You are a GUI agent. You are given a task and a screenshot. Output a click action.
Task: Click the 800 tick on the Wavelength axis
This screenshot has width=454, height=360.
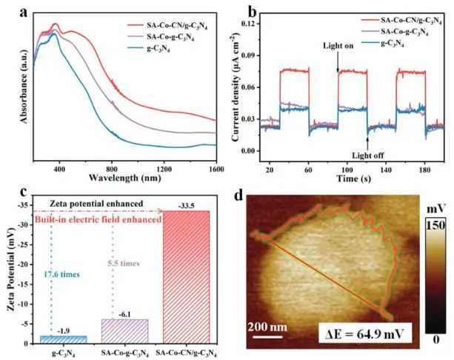[113, 167]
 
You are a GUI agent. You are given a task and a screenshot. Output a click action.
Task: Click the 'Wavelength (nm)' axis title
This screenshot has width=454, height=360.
[124, 179]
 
